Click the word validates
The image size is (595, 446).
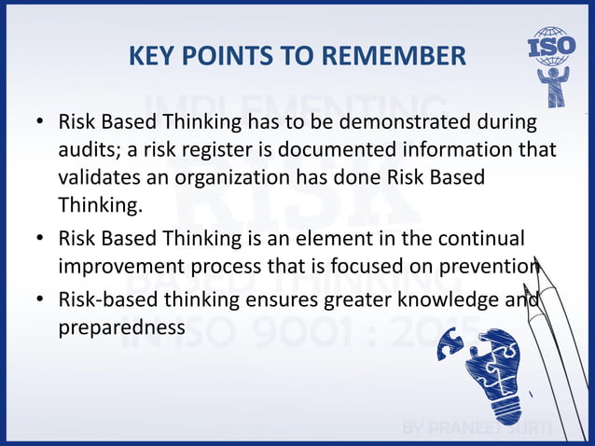tap(100, 177)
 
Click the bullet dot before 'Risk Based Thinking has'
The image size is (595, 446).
tap(39, 123)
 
